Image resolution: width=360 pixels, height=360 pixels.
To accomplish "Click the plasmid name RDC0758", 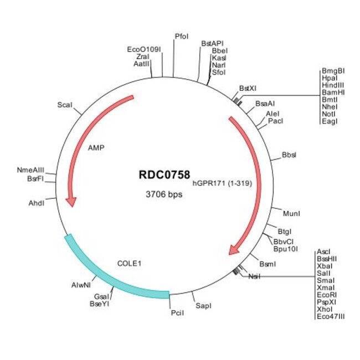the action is click(164, 174).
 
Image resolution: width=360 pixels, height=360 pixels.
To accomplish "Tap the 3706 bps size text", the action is click(164, 194).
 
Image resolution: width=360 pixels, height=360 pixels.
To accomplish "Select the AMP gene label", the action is click(96, 148).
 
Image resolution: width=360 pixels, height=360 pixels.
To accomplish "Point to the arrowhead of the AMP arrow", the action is click(71, 202).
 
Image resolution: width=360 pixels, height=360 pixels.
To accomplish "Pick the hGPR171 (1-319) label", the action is click(222, 183).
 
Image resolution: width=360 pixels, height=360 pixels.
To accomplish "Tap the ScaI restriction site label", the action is click(65, 105).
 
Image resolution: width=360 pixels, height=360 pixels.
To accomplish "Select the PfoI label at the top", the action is click(182, 36).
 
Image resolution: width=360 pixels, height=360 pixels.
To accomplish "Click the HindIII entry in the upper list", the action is click(333, 85).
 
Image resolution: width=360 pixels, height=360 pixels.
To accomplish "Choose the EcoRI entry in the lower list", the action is click(327, 295).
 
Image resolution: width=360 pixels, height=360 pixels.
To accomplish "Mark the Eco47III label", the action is click(331, 317).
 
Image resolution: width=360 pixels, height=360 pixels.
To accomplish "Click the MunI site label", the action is click(291, 214).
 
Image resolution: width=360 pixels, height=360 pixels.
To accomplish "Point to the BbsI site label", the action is click(289, 155).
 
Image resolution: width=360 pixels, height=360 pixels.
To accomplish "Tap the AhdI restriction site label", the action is click(36, 203).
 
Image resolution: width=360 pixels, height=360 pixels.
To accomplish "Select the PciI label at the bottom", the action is click(177, 313).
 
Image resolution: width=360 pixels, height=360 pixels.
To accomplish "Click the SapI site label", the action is click(203, 306).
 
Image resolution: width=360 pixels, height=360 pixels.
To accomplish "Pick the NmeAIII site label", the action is click(30, 170).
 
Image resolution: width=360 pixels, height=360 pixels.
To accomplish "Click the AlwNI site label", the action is click(81, 285).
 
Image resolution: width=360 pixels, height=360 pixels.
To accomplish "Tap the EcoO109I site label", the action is click(144, 49).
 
